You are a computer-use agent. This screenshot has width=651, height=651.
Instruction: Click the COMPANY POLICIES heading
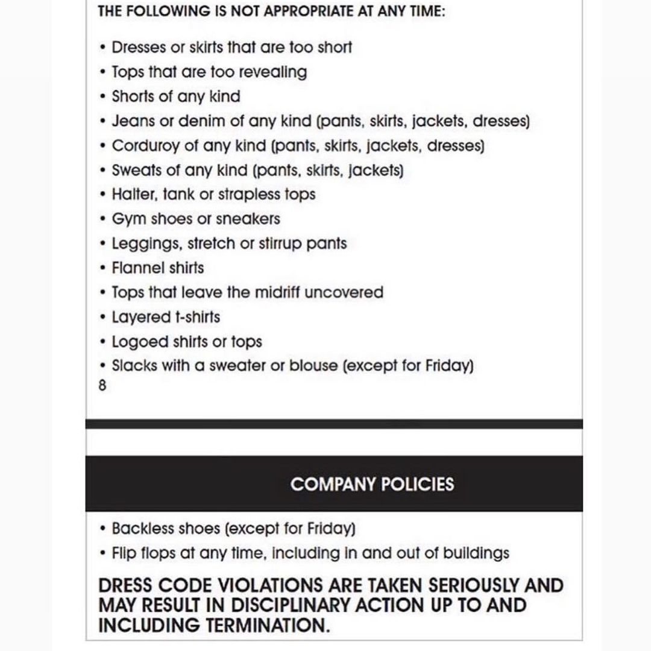(x=372, y=484)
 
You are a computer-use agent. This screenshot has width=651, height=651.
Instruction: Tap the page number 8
(x=102, y=386)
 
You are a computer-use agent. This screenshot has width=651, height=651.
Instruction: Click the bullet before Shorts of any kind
(x=103, y=97)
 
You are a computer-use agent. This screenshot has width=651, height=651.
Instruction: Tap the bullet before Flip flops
(x=103, y=553)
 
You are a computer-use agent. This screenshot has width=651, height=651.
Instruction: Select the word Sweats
(x=137, y=171)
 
